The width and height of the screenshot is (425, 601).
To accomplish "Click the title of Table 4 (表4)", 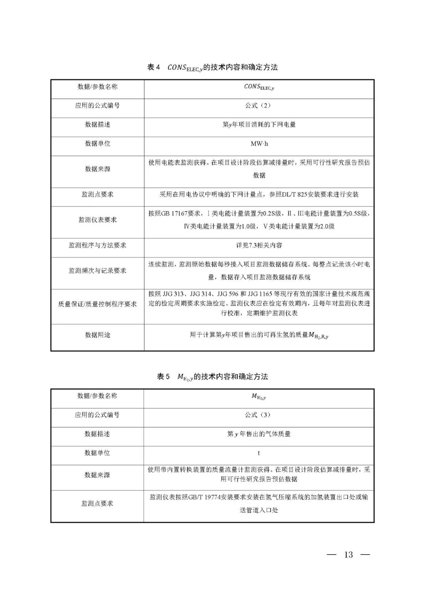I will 213,67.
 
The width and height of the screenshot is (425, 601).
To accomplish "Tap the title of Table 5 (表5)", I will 213,377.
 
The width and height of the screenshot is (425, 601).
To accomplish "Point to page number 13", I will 349,555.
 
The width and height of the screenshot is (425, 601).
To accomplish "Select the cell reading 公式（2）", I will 259,105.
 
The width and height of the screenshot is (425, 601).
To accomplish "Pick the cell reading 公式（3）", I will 259,415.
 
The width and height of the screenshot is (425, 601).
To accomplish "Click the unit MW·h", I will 259,144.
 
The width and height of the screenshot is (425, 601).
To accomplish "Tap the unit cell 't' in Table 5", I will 259,453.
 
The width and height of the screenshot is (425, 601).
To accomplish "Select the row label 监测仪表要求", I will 97,220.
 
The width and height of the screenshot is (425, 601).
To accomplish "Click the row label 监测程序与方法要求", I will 97,245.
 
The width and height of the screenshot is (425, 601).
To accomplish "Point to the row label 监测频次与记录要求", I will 97,270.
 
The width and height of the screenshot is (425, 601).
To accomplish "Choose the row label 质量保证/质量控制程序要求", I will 97,304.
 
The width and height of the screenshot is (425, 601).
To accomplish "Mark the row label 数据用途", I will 97,335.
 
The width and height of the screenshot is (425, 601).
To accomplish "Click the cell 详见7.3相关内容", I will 259,245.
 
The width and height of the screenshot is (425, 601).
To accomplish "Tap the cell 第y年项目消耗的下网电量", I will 259,124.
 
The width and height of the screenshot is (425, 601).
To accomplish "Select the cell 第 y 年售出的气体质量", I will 259,434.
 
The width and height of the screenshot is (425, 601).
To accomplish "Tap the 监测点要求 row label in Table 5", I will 97,503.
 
